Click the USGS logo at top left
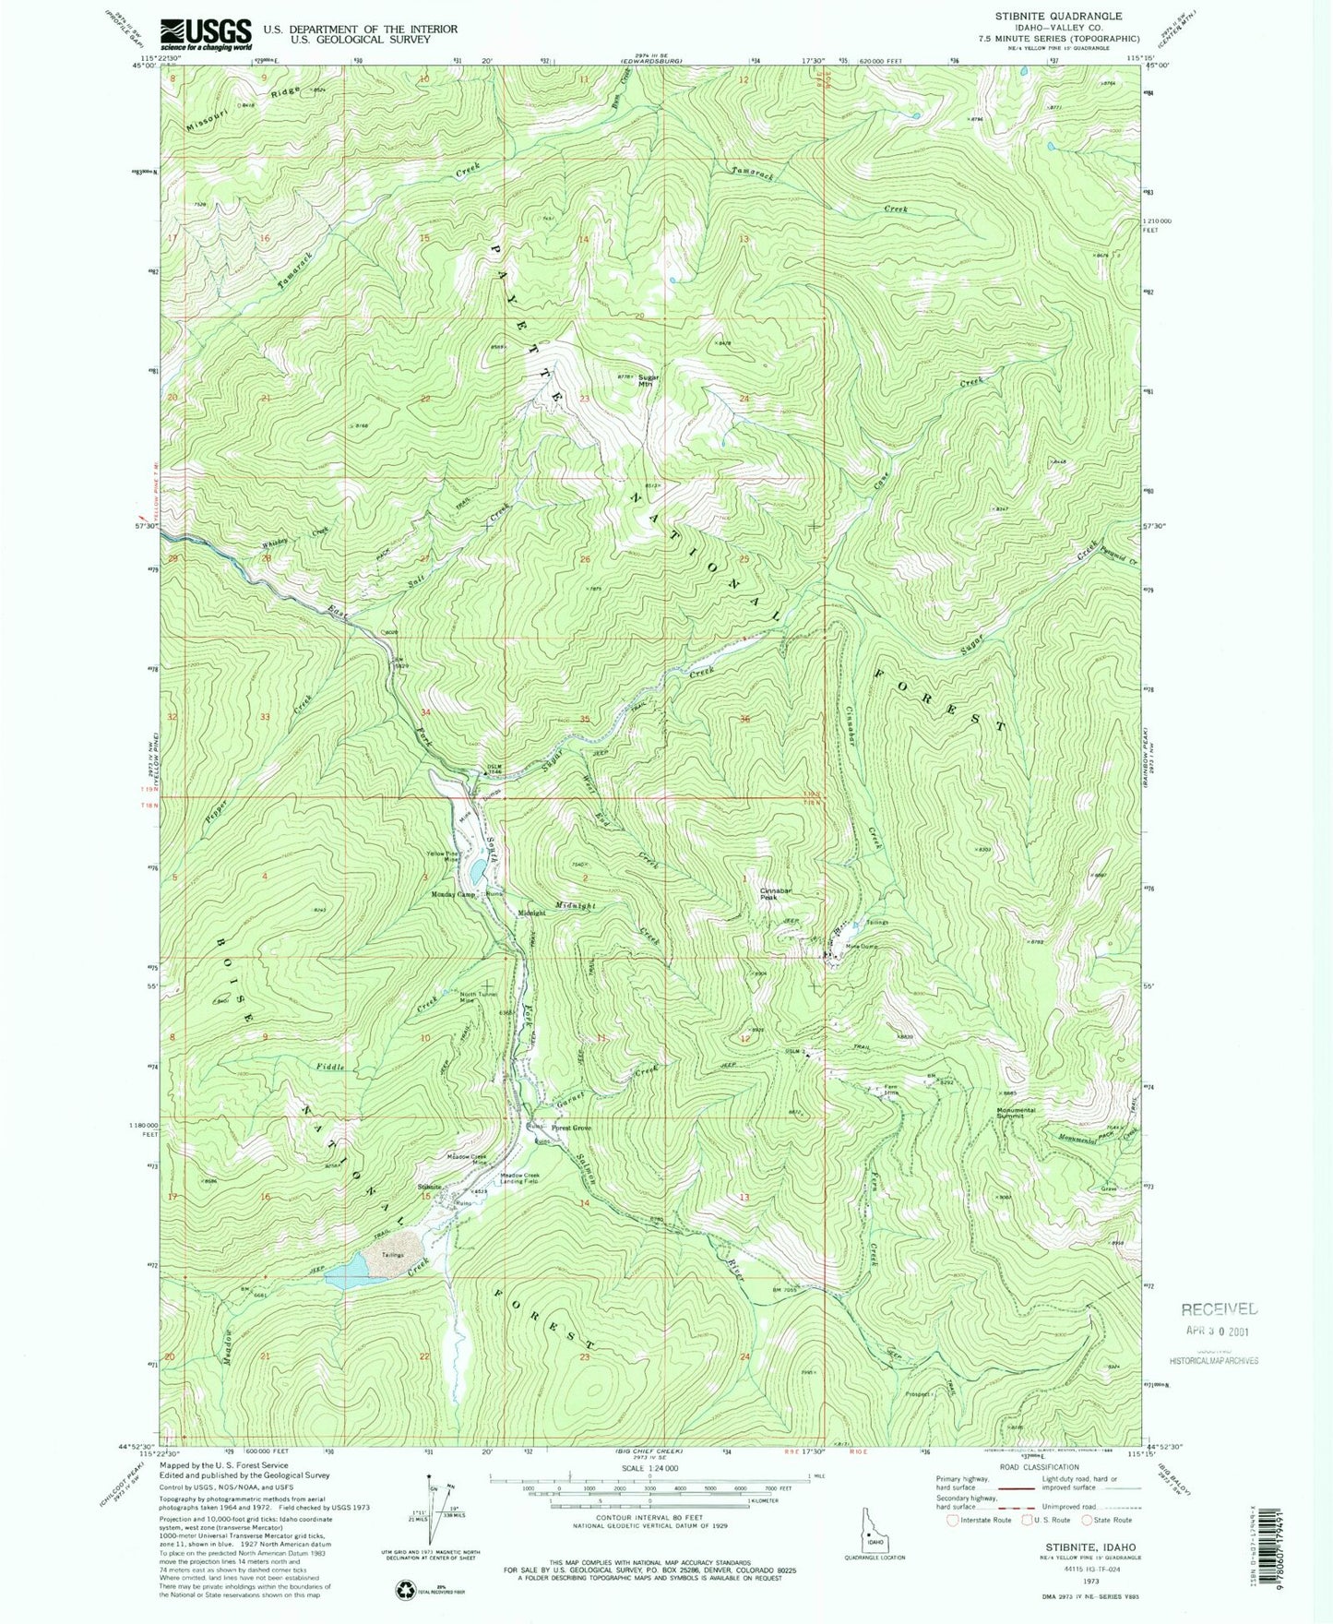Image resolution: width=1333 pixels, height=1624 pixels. (206, 34)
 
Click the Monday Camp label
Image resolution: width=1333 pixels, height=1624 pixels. (453, 894)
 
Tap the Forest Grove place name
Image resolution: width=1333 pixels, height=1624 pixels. (571, 1128)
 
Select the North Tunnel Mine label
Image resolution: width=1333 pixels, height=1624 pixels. (479, 997)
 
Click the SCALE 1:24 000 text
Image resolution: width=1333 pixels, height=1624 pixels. (649, 1468)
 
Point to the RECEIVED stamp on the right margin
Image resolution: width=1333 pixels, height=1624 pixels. (1220, 1308)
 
